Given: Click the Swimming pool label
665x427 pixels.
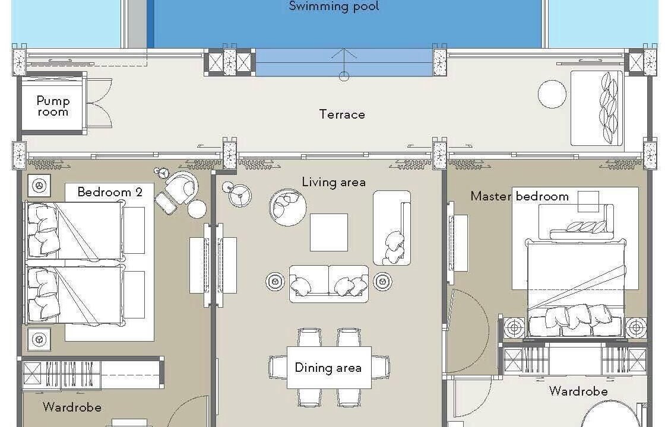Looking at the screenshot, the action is [334, 6].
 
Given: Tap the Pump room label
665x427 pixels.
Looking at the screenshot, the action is [53, 106].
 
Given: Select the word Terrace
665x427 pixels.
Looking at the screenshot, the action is [342, 114].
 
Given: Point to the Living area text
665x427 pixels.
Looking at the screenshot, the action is [334, 182].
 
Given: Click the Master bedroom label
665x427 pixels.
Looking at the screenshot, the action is [520, 196].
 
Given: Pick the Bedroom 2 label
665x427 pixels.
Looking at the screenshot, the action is [110, 192].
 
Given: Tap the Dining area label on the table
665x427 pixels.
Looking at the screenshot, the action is [328, 368].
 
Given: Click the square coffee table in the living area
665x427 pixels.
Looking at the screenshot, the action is [329, 232].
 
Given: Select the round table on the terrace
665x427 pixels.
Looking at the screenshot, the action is [552, 94].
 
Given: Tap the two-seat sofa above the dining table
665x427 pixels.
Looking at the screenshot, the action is [329, 284].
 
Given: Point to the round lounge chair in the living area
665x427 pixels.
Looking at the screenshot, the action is [287, 207].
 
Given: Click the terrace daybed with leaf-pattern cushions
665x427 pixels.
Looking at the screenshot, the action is [596, 108].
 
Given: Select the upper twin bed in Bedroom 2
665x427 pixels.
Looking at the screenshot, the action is [75, 231].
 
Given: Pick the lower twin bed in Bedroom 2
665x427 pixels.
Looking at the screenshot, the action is [75, 294].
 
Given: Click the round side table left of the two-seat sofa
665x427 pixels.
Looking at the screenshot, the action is [275, 281].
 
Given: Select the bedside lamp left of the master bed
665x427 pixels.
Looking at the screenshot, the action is [514, 327].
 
